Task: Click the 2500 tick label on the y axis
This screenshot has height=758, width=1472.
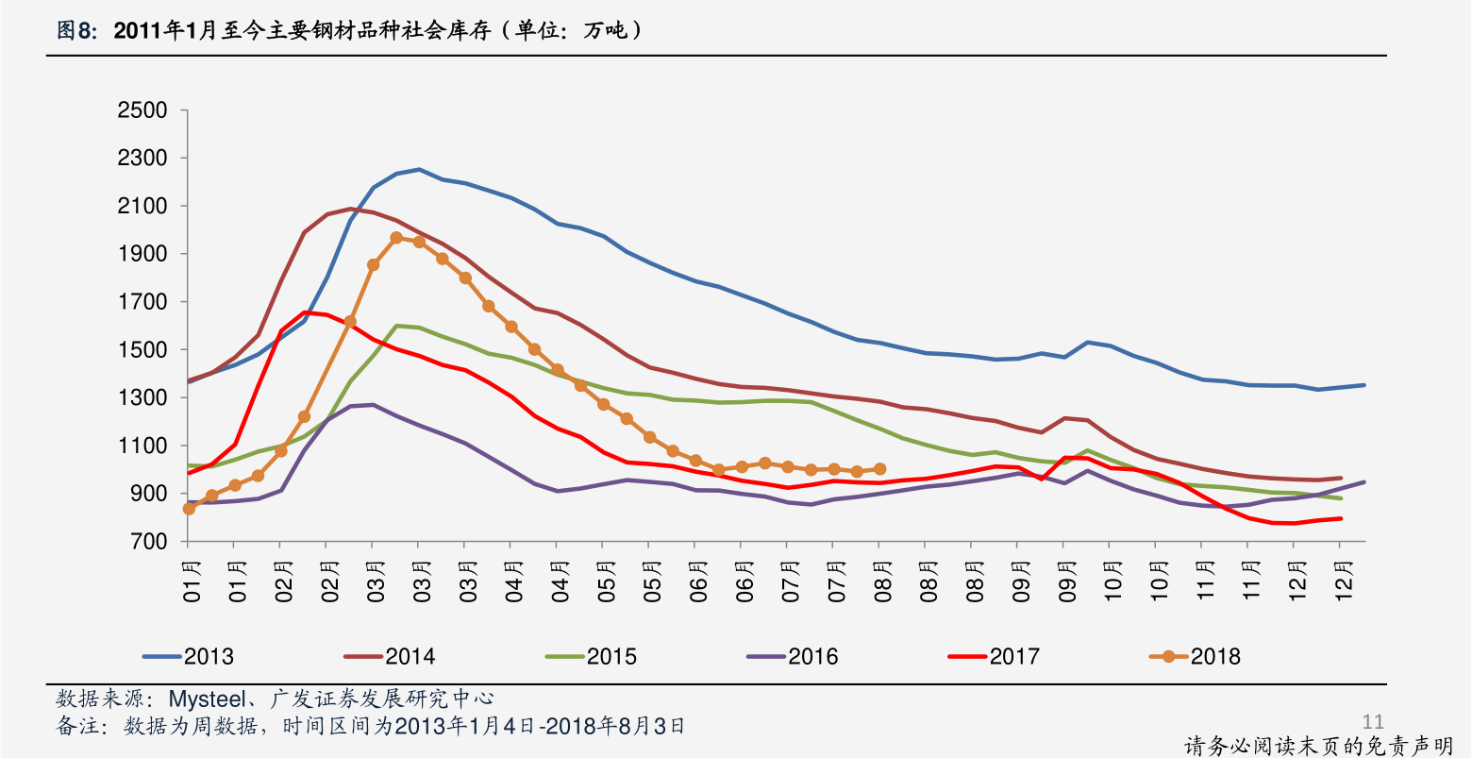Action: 142,110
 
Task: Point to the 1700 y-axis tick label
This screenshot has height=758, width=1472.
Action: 142,302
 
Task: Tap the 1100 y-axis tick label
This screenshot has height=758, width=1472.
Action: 142,446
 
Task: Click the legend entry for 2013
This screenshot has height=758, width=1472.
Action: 189,656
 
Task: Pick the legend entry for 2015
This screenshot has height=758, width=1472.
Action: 592,656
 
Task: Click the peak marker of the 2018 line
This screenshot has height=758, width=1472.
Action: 396,238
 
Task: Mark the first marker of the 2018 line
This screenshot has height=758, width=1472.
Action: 189,509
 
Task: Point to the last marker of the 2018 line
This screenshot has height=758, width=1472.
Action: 879,469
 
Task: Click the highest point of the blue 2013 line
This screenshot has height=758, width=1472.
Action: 419,170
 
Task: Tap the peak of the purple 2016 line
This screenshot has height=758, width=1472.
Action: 373,405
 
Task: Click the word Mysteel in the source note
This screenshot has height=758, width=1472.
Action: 204,699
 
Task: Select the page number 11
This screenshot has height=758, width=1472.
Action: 1373,722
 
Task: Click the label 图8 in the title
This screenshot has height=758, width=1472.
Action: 75,31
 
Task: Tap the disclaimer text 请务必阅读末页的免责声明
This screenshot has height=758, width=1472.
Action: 1318,746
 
